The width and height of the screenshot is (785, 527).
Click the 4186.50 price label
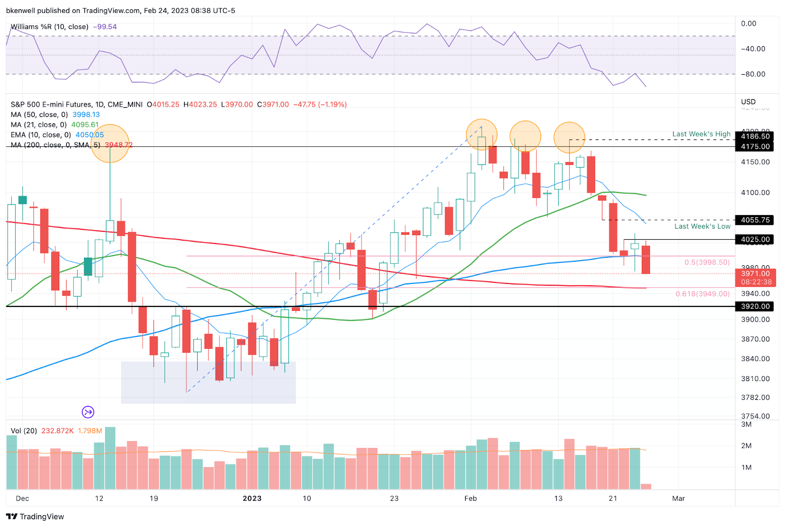pyautogui.click(x=755, y=137)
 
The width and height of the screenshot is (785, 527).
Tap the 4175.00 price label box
pyautogui.click(x=755, y=146)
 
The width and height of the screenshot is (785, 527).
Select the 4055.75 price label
pyautogui.click(x=755, y=220)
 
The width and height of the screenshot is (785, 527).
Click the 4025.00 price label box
pyautogui.click(x=755, y=240)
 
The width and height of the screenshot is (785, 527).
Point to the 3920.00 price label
pyautogui.click(x=755, y=306)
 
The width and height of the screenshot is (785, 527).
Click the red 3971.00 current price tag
pyautogui.click(x=755, y=277)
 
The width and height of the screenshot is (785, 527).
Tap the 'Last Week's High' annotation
pyautogui.click(x=701, y=134)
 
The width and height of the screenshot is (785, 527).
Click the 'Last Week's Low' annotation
pyautogui.click(x=702, y=226)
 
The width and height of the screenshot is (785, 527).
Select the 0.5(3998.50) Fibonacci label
pyautogui.click(x=707, y=262)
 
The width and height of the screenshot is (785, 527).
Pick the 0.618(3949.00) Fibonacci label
pyautogui.click(x=703, y=294)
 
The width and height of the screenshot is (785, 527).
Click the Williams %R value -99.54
pyautogui.click(x=105, y=27)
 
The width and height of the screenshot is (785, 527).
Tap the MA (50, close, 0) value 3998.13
pyautogui.click(x=86, y=114)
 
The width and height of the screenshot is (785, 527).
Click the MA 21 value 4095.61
pyautogui.click(x=85, y=125)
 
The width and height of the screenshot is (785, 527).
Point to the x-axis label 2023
pyautogui.click(x=252, y=499)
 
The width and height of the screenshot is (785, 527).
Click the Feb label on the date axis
pyautogui.click(x=471, y=499)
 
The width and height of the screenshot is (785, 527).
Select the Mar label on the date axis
pyautogui.click(x=678, y=499)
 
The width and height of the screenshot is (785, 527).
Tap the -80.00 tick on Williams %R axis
pyautogui.click(x=753, y=74)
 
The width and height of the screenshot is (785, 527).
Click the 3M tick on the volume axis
pyautogui.click(x=746, y=424)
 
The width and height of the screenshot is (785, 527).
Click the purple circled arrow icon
pyautogui.click(x=88, y=412)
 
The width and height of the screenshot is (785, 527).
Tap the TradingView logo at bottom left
pyautogui.click(x=35, y=517)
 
